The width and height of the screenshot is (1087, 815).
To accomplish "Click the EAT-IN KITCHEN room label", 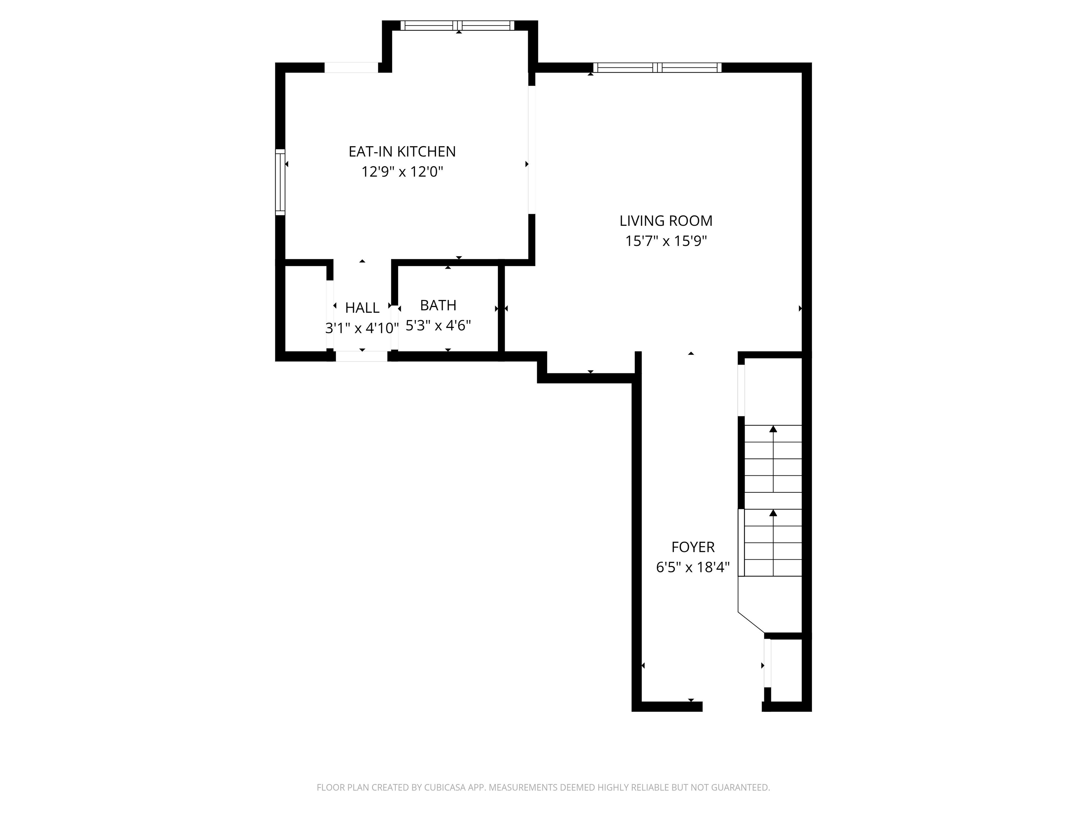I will (x=402, y=151).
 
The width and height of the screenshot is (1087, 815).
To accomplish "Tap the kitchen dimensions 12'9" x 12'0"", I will (x=402, y=172).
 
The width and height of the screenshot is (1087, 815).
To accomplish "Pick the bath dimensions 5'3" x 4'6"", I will (x=438, y=325).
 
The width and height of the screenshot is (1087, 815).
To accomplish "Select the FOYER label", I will (x=692, y=547).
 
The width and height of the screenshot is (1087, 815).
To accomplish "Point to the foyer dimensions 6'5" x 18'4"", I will (x=692, y=567).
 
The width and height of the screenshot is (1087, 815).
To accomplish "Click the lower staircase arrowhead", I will (x=773, y=513).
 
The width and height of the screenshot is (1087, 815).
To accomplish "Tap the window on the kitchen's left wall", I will (x=280, y=182).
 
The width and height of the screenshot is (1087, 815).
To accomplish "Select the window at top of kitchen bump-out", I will (x=458, y=25).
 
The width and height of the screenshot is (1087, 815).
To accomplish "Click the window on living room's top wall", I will (x=657, y=68).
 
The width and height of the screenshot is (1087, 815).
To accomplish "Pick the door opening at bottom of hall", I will (x=362, y=356).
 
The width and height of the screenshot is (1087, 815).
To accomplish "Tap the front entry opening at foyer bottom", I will (x=732, y=706).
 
